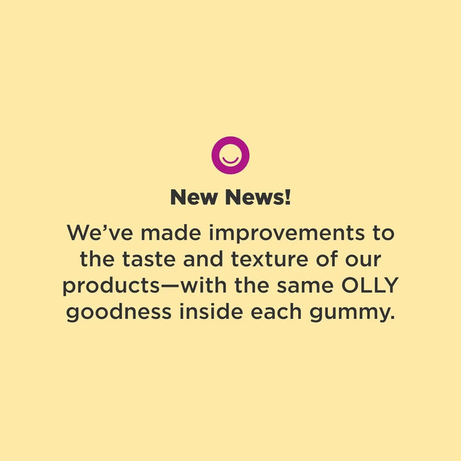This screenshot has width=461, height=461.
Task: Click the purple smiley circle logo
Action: pyautogui.click(x=230, y=156)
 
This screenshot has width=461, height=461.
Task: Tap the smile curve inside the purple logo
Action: pyautogui.click(x=230, y=161)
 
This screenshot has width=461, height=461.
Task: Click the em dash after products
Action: pyautogui.click(x=170, y=286)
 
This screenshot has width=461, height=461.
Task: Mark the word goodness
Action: pyautogui.click(x=120, y=313)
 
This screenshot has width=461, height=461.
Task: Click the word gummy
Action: pyautogui.click(x=357, y=313)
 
